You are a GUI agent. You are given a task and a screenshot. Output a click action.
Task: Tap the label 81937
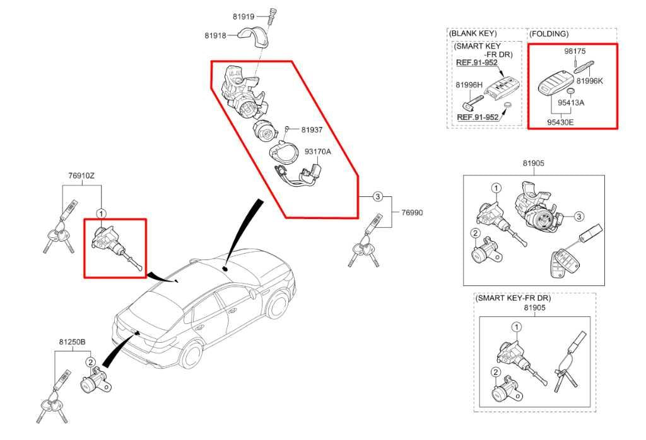pyautogui.click(x=312, y=129)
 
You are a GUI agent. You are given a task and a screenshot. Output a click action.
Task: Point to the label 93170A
pyautogui.click(x=318, y=152)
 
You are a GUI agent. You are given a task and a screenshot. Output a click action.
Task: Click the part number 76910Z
pyautogui.click(x=81, y=176)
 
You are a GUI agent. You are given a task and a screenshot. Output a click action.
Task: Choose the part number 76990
pyautogui.click(x=412, y=213)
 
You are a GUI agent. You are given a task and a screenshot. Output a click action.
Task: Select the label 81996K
pyautogui.click(x=590, y=81)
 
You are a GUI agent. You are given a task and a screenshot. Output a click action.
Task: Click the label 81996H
pyautogui.click(x=469, y=84)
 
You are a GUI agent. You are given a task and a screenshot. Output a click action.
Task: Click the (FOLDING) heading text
pyautogui.click(x=548, y=33)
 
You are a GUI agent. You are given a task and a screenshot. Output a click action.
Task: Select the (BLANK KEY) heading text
pyautogui.click(x=473, y=33)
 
